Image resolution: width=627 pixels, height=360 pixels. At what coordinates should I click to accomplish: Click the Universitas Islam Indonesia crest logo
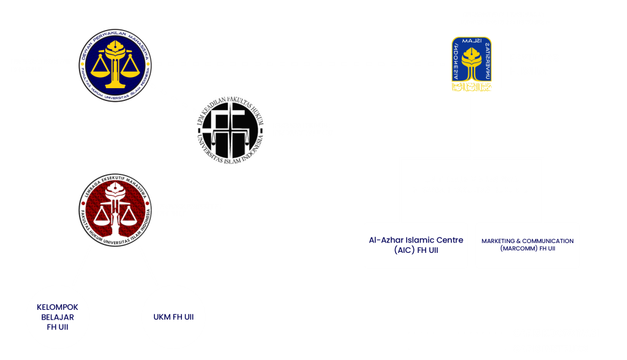[471, 64]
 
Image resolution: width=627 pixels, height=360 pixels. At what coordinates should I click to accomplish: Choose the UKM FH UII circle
[173, 317]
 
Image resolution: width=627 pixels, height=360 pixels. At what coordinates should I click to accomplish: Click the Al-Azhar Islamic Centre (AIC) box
[416, 245]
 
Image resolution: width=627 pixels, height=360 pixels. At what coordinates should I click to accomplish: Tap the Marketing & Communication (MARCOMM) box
[527, 245]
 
